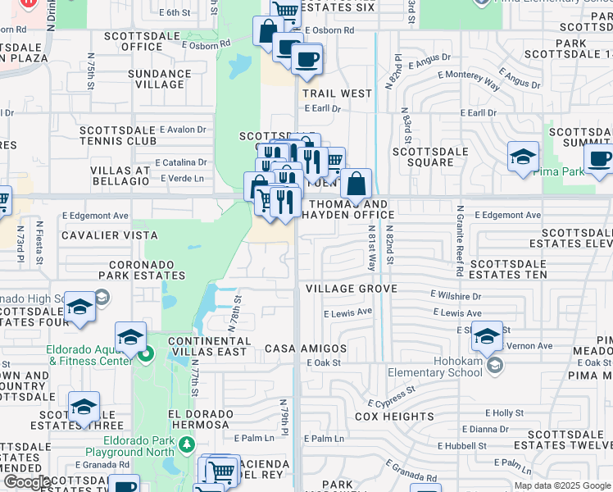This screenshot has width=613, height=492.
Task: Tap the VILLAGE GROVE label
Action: (x=352, y=289)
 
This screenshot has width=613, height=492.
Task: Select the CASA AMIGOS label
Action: (x=306, y=348)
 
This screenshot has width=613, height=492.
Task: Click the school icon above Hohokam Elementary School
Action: (x=487, y=335)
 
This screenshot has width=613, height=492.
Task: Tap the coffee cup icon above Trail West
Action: (x=306, y=59)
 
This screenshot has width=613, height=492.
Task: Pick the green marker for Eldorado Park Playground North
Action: (x=187, y=444)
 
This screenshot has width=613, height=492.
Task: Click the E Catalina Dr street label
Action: (x=180, y=162)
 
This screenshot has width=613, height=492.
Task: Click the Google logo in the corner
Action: (x=26, y=482)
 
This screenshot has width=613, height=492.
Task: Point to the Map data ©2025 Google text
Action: (x=561, y=485)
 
